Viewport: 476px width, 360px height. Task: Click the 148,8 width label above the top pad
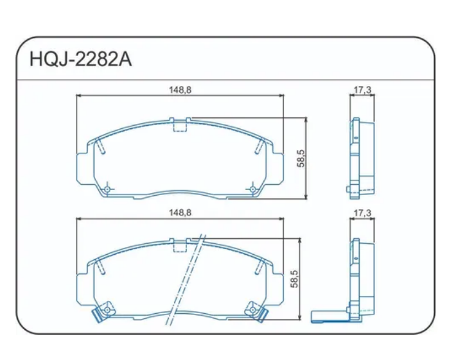[x=180, y=90]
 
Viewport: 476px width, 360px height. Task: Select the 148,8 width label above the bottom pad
[x=180, y=212]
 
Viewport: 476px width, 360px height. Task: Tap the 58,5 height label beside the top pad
[x=300, y=157]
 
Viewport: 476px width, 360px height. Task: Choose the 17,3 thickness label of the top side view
[x=362, y=90]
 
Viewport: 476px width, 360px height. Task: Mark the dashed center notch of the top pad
[x=180, y=126]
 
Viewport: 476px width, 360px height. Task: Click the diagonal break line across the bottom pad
[x=186, y=279]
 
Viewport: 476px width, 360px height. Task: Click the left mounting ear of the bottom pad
[x=84, y=285]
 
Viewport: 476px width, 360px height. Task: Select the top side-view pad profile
[x=361, y=154]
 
